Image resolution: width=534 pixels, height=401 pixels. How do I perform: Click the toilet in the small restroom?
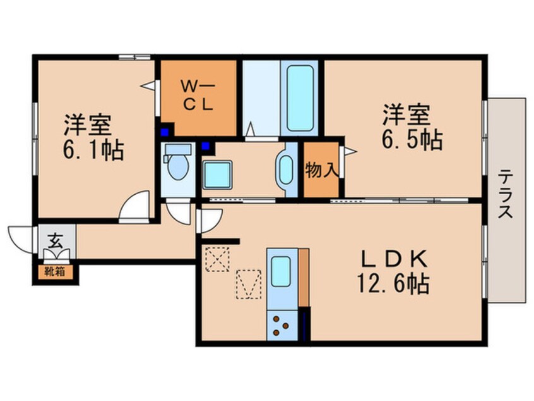179,164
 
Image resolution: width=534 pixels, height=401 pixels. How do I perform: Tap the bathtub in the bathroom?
299,97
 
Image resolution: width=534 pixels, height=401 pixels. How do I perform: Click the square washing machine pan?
218,173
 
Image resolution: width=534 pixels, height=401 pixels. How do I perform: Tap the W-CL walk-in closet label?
199,96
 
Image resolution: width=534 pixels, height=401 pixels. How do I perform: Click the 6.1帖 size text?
93,150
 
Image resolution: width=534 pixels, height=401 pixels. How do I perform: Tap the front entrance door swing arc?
20,239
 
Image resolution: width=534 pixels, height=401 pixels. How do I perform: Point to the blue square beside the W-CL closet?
165,132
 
